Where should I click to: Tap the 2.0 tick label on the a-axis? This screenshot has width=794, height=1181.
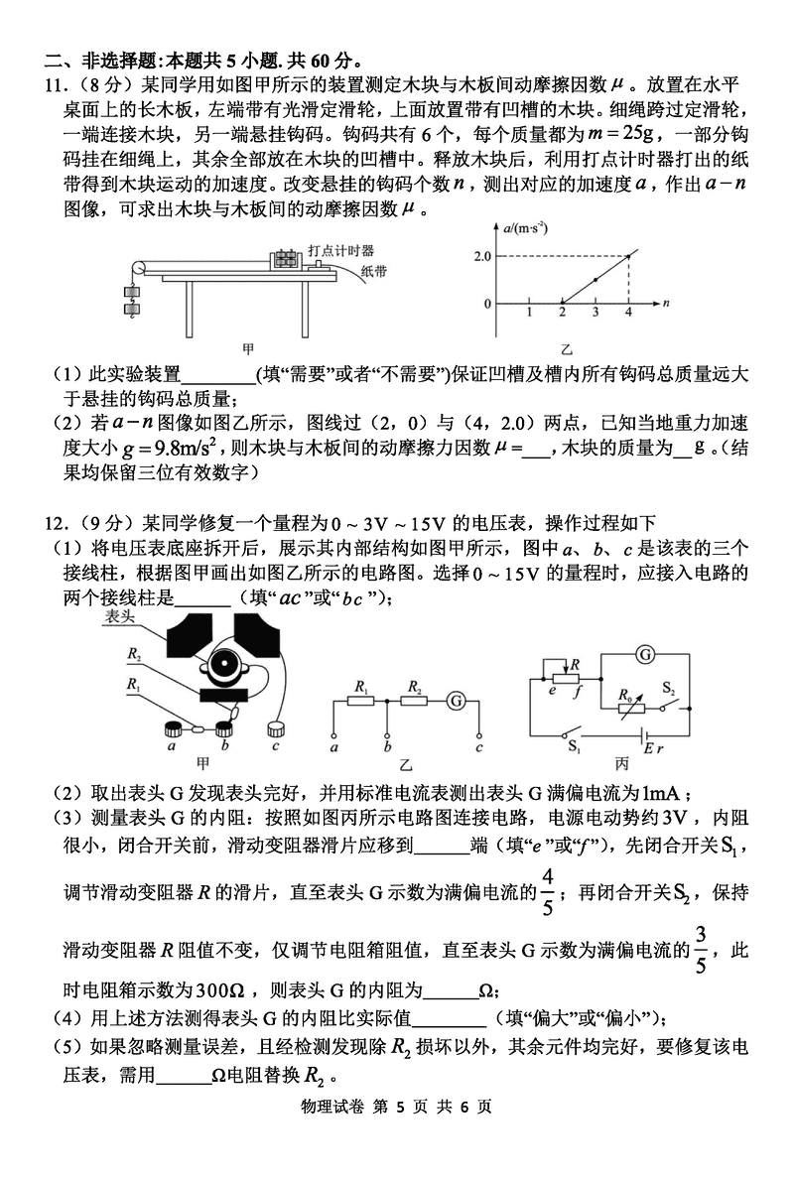pyautogui.click(x=483, y=256)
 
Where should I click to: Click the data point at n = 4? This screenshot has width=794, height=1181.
pyautogui.click(x=628, y=256)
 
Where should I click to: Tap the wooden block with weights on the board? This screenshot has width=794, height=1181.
pyautogui.click(x=285, y=261)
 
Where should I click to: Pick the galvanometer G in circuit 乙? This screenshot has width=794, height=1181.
pyautogui.click(x=458, y=701)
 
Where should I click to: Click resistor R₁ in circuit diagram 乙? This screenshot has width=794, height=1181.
pyautogui.click(x=361, y=701)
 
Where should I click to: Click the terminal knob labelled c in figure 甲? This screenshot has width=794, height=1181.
pyautogui.click(x=276, y=729)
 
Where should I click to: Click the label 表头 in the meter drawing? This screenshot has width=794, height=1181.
pyautogui.click(x=118, y=617)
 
